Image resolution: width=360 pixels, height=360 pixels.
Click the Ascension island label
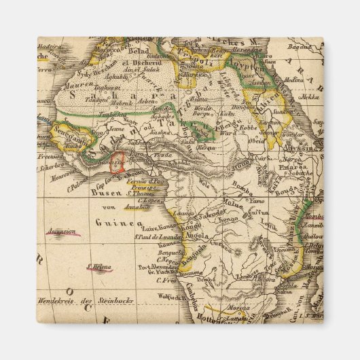60,231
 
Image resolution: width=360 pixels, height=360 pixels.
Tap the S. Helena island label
99,267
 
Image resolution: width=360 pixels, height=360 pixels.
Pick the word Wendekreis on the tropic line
60,300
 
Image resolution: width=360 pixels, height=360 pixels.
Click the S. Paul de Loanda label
156,237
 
